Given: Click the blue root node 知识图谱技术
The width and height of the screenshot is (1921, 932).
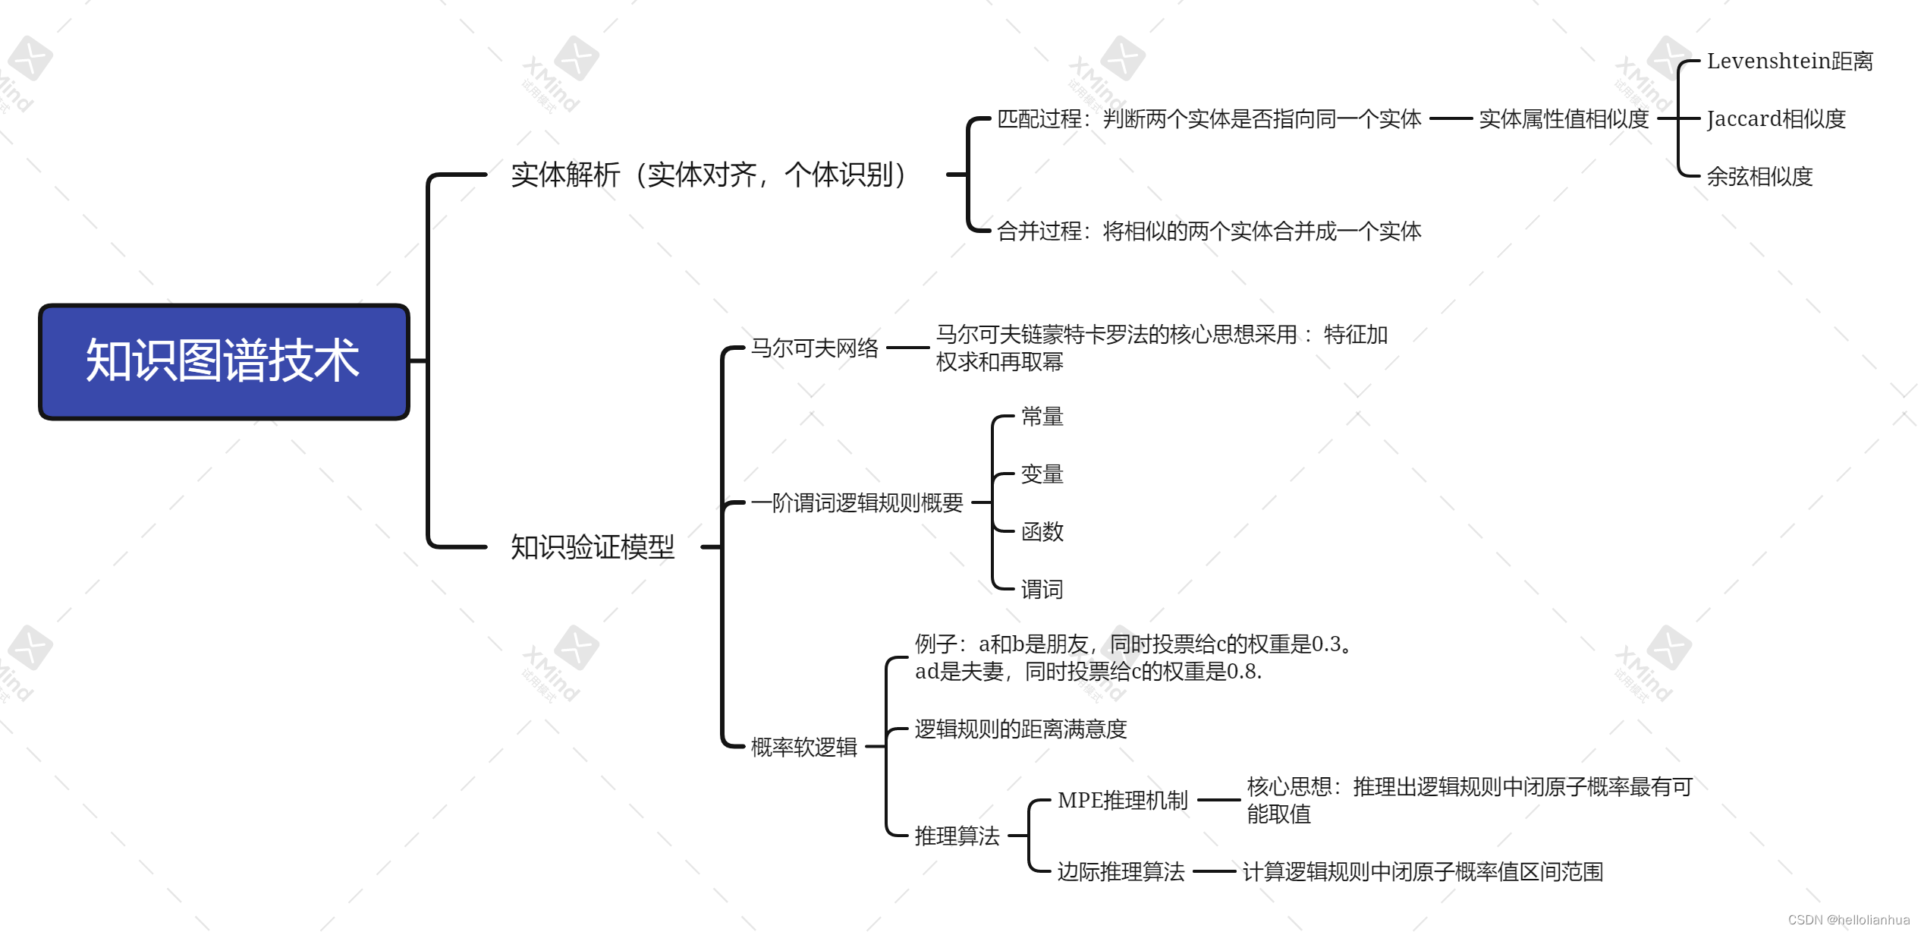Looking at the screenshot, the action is (x=224, y=361).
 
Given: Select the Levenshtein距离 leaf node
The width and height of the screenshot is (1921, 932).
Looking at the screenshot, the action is (x=1789, y=61).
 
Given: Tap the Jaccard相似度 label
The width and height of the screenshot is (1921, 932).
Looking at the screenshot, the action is (x=1775, y=119).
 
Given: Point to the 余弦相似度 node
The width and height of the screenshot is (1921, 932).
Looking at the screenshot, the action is (x=1759, y=177).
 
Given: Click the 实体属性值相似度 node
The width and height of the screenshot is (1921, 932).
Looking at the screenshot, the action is (x=1563, y=119).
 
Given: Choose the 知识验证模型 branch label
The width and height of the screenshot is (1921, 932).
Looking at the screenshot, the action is (x=592, y=547).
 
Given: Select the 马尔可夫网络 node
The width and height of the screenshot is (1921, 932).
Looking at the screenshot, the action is (x=814, y=348).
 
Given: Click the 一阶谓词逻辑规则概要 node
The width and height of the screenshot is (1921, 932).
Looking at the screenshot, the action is (x=857, y=502).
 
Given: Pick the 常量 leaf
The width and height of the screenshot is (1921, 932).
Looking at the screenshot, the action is (x=1042, y=417).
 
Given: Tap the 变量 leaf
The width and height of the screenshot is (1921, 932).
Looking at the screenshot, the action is (x=1042, y=474).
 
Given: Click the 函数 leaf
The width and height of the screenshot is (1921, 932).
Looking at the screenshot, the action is (x=1042, y=532).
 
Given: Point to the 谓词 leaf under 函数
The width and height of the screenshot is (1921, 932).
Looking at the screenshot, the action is (x=1042, y=590).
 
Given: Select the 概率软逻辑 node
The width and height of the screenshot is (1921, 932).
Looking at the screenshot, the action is (x=803, y=748).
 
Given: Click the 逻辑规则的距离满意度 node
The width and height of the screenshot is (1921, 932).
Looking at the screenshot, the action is (x=1020, y=729).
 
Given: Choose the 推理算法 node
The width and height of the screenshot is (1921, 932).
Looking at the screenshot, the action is (x=957, y=836).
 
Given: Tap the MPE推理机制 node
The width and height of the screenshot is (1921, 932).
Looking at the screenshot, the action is (x=1122, y=801).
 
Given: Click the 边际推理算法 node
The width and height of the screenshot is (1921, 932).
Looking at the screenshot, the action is (x=1121, y=872).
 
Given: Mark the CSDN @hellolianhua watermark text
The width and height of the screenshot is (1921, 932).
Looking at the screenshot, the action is (x=1848, y=920).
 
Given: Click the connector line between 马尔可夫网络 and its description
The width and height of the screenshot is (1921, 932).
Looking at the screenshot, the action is (x=907, y=348).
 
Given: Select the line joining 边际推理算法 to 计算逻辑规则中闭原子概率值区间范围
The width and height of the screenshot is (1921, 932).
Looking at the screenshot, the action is (x=1214, y=872).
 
